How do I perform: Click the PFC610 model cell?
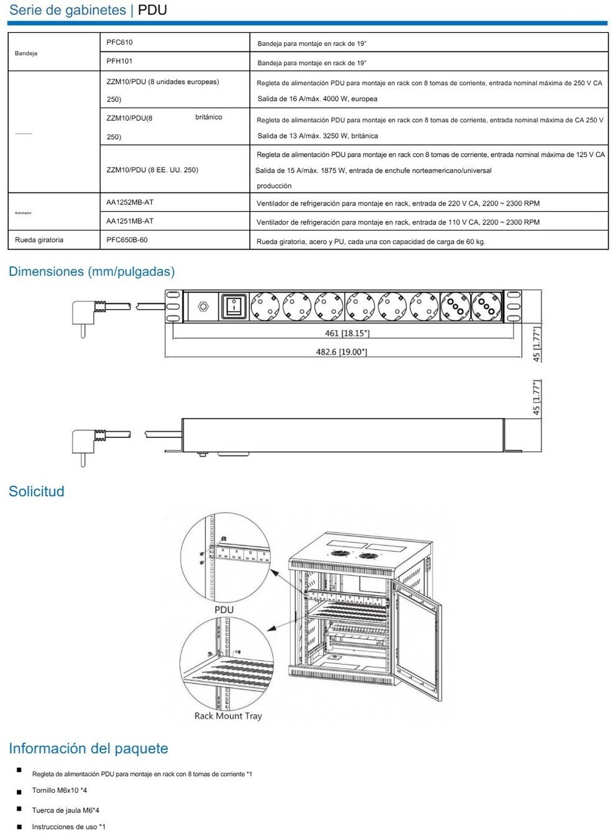119,42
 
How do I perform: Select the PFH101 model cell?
119,61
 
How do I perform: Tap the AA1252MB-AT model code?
130,202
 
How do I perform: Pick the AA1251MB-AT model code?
130,221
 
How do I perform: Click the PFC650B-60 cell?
127,239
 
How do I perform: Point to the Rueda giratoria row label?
39,240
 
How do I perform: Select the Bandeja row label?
26,53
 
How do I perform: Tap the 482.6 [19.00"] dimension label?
341,352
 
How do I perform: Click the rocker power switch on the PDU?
233,306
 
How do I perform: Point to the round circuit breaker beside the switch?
202,306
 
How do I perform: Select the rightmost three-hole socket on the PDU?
486,306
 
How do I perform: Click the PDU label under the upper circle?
224,610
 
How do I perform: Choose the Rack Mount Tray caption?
228,716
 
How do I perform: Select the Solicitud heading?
37,491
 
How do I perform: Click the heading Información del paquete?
88,749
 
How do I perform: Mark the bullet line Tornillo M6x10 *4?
60,791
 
